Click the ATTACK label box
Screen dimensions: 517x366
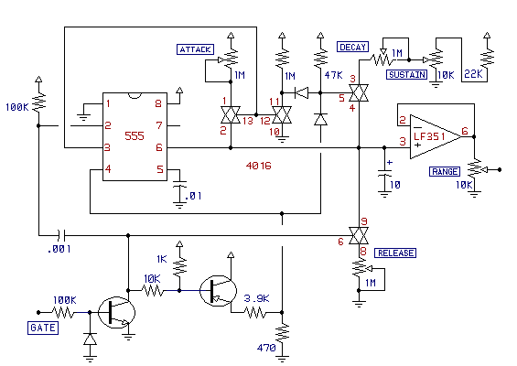195,49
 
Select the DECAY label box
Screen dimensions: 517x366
352,47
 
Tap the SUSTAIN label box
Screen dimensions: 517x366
407,74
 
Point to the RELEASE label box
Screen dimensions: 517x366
395,253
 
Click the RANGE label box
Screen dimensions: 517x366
445,171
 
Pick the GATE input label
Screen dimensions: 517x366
43,328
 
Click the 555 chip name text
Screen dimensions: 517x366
135,135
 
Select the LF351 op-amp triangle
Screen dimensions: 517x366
436,136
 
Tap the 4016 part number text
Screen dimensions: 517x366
258,166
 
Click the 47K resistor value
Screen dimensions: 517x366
334,75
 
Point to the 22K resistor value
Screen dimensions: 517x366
473,74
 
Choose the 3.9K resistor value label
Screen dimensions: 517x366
256,298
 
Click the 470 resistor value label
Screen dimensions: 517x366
266,348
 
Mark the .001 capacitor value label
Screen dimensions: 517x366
59,249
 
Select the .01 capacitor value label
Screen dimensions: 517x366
193,196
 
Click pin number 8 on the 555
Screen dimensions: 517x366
158,103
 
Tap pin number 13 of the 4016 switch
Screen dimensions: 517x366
248,121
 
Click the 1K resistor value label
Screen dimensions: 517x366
162,259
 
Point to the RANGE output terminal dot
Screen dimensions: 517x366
500,170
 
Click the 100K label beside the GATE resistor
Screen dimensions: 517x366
65,300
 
